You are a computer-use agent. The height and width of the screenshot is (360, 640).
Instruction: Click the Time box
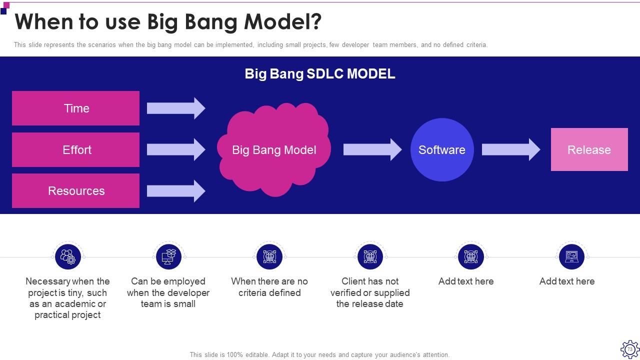(x=75, y=108)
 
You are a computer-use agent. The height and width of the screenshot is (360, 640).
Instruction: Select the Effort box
(x=75, y=149)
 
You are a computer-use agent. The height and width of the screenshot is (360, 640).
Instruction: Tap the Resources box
(x=75, y=190)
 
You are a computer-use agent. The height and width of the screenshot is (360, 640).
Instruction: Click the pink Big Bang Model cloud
(x=273, y=149)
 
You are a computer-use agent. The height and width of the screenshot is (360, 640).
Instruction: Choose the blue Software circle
(x=441, y=149)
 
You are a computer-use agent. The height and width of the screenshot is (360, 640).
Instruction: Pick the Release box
(x=589, y=149)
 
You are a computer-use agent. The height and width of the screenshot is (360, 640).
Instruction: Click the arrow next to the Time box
(x=175, y=108)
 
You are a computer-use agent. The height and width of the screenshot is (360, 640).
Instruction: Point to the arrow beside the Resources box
(x=175, y=191)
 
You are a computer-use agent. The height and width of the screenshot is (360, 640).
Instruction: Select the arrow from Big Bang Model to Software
(x=372, y=149)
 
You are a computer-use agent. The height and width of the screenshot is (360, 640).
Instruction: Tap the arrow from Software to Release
(x=510, y=149)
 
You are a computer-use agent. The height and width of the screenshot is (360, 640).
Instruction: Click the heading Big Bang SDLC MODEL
(x=319, y=74)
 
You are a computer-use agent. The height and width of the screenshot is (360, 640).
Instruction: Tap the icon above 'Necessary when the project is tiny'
(x=67, y=257)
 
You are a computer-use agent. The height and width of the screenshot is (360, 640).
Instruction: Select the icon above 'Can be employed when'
(x=168, y=257)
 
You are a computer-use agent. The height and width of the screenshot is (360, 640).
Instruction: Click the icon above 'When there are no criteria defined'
(x=269, y=257)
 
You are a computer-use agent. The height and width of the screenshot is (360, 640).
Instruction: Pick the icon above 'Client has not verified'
(x=370, y=257)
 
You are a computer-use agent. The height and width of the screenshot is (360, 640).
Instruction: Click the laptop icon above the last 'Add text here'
(x=571, y=257)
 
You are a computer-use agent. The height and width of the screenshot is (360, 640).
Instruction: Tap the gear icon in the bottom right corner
(x=629, y=349)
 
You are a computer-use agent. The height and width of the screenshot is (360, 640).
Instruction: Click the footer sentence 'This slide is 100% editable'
(x=319, y=354)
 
